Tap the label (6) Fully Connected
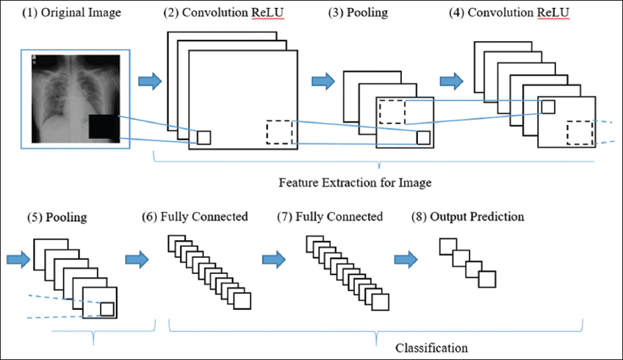click(195, 217)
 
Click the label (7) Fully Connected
click(330, 217)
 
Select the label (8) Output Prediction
click(469, 217)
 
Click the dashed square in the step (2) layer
click(279, 132)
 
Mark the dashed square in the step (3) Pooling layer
click(392, 112)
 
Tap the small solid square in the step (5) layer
click(107, 309)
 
